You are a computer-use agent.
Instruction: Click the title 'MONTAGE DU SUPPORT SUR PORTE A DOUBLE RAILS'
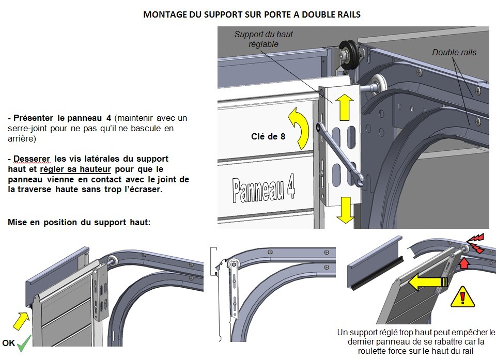[252, 14]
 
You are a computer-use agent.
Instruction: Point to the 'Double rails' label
[454, 52]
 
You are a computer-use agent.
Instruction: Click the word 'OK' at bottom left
[8, 343]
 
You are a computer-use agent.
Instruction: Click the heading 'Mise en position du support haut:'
[79, 222]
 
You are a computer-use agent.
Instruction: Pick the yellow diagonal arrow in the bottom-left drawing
[20, 321]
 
